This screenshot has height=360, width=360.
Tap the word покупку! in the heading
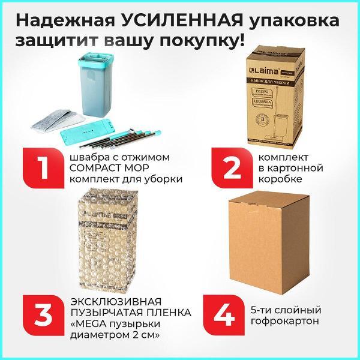point(206,43)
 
